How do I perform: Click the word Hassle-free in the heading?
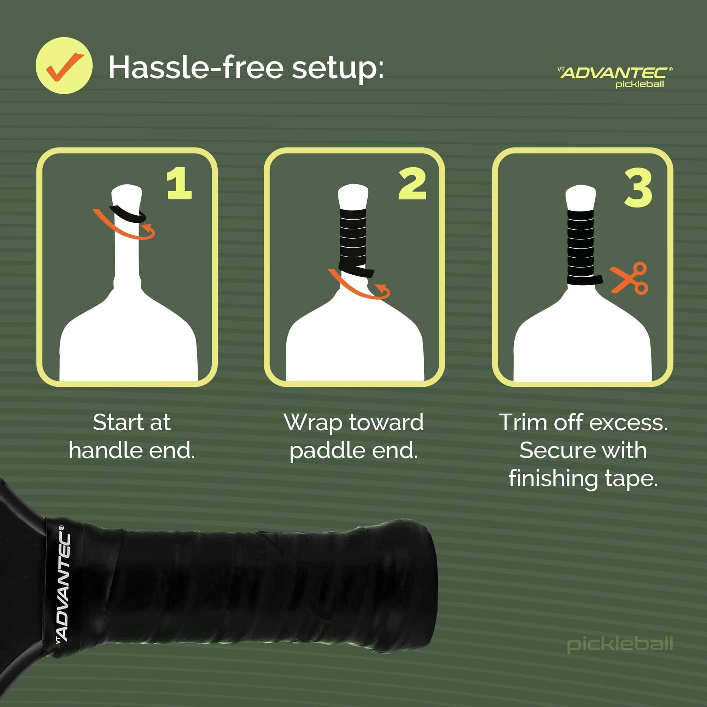[196, 68]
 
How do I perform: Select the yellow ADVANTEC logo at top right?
[614, 73]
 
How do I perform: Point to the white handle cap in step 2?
[353, 196]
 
